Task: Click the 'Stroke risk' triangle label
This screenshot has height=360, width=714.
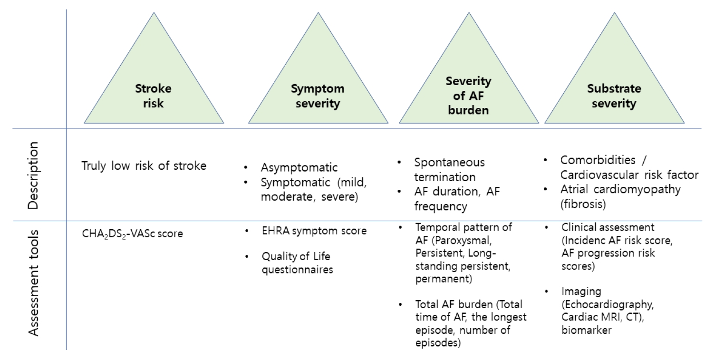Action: tap(154, 96)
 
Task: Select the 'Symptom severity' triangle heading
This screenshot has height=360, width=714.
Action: tap(318, 96)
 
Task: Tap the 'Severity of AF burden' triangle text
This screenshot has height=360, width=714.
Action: tap(469, 95)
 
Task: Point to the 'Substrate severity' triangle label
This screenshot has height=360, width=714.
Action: tap(614, 96)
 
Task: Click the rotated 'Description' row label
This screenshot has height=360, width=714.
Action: tap(33, 175)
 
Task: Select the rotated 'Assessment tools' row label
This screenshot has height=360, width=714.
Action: tap(33, 283)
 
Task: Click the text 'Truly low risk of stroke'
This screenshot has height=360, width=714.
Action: tap(144, 166)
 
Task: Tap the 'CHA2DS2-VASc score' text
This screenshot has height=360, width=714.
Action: tap(132, 234)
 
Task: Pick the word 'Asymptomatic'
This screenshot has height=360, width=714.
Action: tap(299, 167)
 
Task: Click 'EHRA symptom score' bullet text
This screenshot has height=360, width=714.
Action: tap(314, 231)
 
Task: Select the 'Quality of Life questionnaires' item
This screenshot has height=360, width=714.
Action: tap(297, 263)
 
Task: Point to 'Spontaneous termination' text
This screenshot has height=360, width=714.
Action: tap(449, 170)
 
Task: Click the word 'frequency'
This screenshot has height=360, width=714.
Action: tap(441, 206)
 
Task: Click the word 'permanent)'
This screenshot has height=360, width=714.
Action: tap(444, 279)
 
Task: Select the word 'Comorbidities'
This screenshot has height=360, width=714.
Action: tap(598, 160)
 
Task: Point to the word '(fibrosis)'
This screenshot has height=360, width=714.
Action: tap(583, 204)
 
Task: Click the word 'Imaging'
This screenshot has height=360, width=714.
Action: tap(581, 292)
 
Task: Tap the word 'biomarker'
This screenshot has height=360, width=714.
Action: tap(587, 330)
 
